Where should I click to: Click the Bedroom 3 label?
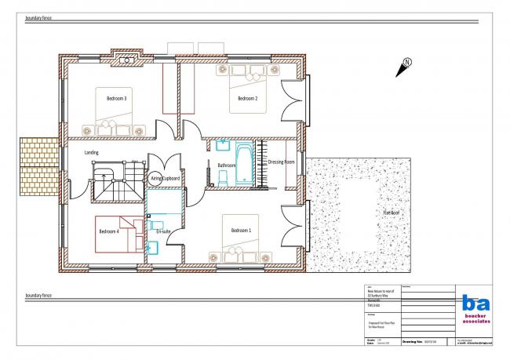(115, 99)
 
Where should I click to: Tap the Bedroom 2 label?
(248, 99)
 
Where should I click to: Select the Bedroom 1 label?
(241, 230)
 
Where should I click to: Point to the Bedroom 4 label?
(109, 231)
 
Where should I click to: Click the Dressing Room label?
(281, 162)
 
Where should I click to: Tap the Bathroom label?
(227, 165)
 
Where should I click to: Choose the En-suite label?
(163, 233)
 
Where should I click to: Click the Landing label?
(92, 154)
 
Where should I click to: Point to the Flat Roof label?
(392, 213)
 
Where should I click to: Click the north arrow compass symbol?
(405, 66)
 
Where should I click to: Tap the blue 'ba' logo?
(475, 303)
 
